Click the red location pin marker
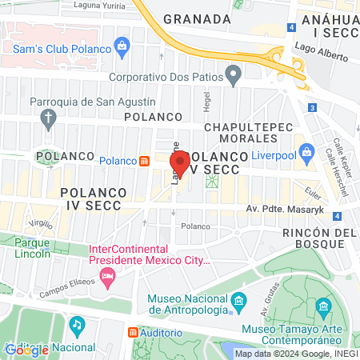pos(180,165)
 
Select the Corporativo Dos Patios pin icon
pos(234,78)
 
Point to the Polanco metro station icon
pos(144,160)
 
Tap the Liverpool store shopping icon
pos(307,150)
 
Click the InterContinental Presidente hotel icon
pos(107,277)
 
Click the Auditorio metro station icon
pos(133,332)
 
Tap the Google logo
pos(26,350)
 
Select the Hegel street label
pos(206,102)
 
